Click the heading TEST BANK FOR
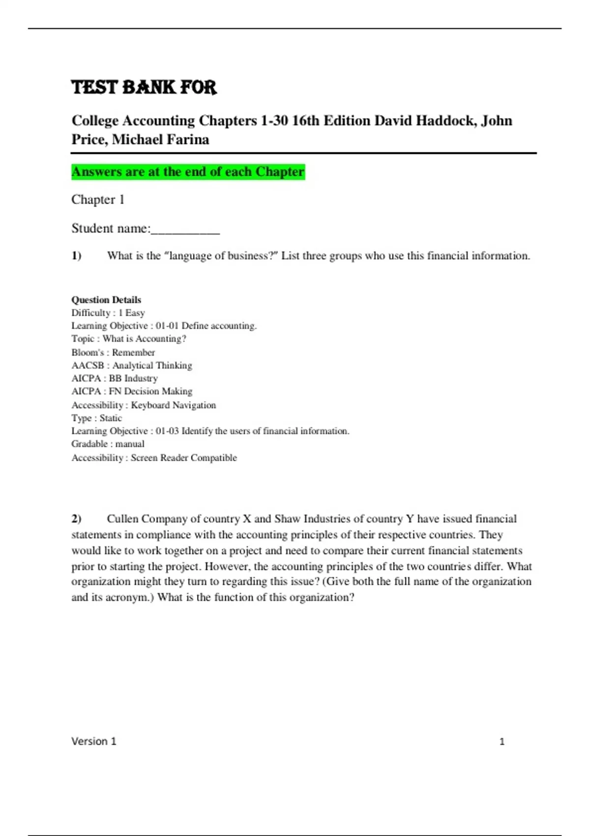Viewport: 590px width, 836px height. tap(144, 88)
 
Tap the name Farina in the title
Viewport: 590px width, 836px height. tap(188, 140)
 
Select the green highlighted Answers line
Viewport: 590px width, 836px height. tap(188, 172)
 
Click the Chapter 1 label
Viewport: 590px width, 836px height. tap(98, 200)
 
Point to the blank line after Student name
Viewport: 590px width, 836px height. tap(185, 229)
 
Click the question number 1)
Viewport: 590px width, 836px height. tap(76, 256)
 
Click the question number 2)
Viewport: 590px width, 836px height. tap(76, 519)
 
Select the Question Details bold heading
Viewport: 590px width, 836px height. tap(106, 300)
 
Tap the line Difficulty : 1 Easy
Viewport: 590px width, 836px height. tap(108, 313)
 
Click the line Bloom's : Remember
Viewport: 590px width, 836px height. tap(113, 352)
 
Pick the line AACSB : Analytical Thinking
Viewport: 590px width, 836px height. tap(132, 365)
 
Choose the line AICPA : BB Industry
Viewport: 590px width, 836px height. tap(115, 378)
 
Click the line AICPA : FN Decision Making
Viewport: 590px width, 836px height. tap(132, 391)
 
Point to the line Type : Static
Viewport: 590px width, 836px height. tap(96, 418)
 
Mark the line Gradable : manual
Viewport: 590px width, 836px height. tap(108, 444)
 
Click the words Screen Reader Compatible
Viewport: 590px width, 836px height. tap(183, 458)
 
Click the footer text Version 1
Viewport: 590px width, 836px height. tap(94, 742)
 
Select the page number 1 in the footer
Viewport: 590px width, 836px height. tap(502, 742)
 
